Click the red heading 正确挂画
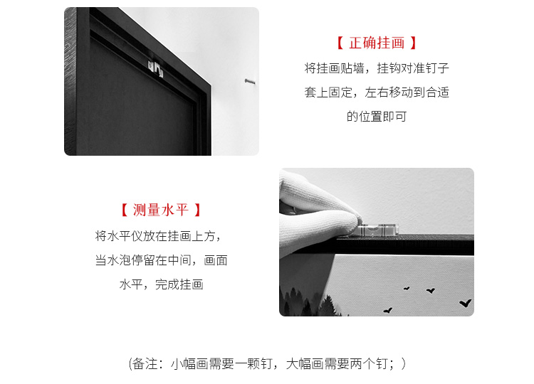click(377, 43)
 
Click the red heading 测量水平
click(161, 210)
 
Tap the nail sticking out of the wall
click(250, 81)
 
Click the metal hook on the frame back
click(156, 68)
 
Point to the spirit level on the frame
click(378, 230)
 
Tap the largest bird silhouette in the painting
click(465, 303)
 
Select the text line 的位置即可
click(377, 117)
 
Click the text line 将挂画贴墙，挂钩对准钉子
click(377, 68)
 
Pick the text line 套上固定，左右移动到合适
click(377, 92)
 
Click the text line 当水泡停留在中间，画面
click(161, 260)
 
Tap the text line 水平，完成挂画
click(161, 284)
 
